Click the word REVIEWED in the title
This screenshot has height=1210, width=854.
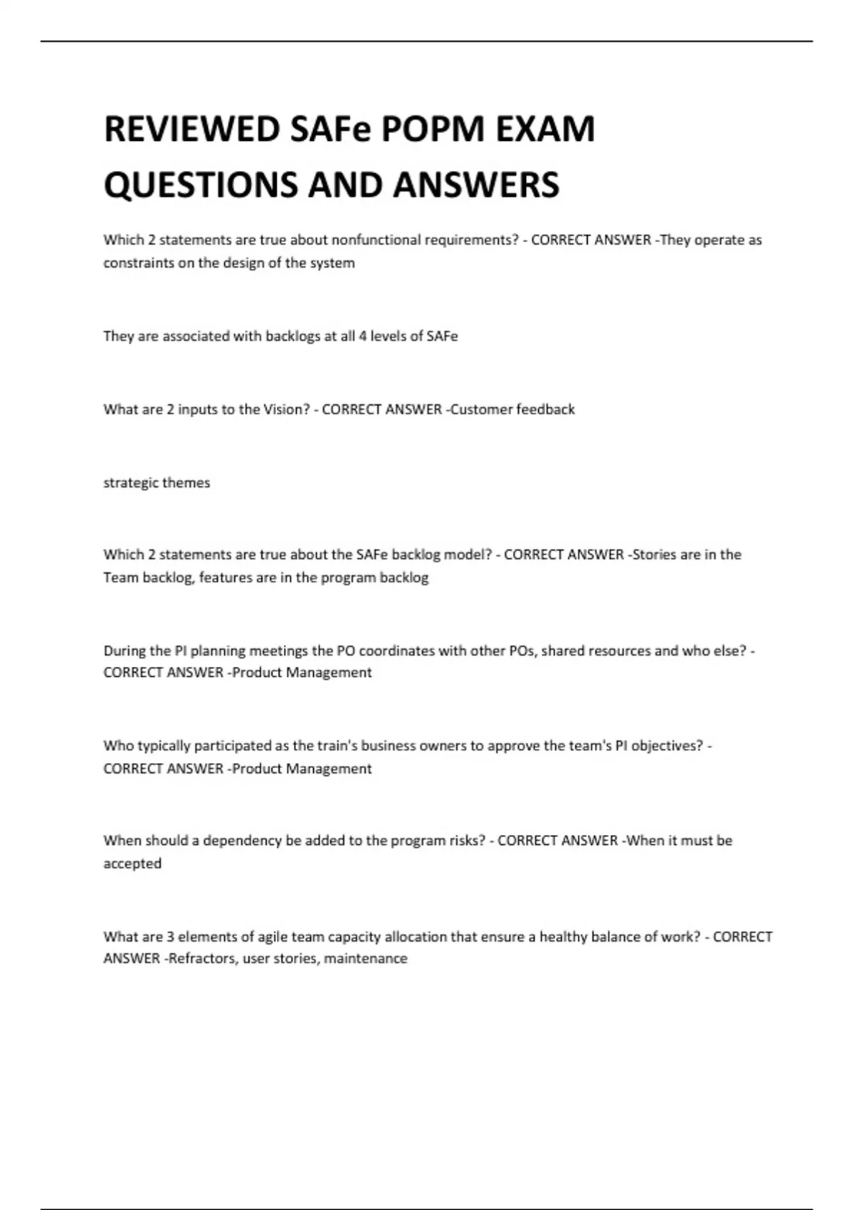[x=192, y=130]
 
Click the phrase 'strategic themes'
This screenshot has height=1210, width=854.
[x=157, y=483]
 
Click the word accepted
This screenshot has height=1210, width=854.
[x=132, y=863]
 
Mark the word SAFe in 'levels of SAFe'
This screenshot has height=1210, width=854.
[x=442, y=336]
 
